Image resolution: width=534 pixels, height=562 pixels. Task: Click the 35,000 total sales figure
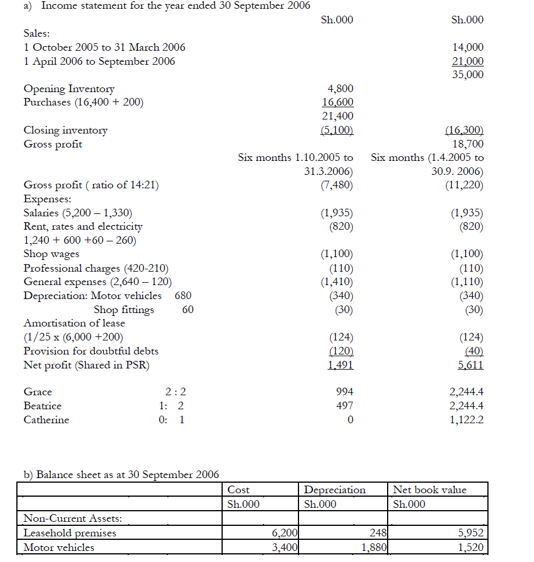click(468, 75)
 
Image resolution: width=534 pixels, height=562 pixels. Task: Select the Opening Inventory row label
click(69, 89)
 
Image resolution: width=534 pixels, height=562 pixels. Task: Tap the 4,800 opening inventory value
click(341, 89)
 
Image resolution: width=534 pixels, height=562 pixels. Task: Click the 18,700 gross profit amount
click(468, 144)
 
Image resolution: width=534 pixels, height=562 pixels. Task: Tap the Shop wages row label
click(51, 254)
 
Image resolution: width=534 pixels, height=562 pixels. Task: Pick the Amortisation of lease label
click(74, 323)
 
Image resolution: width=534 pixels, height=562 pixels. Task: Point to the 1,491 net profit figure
click(340, 365)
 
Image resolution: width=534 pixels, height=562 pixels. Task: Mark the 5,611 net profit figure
click(470, 365)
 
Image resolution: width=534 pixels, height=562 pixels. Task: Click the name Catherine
click(46, 420)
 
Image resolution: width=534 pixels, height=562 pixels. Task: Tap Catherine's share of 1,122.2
click(466, 420)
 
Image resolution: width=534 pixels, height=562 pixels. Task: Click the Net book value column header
click(430, 490)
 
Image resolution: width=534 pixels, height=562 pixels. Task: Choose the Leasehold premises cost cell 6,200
click(285, 533)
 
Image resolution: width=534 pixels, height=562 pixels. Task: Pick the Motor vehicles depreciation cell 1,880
click(374, 547)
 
